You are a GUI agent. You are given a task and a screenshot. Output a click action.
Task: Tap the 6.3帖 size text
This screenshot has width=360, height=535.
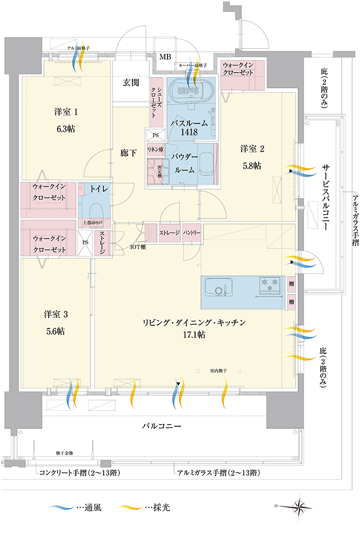coord(66,129)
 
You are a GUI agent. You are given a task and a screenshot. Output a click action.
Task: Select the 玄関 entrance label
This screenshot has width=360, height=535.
coord(131,82)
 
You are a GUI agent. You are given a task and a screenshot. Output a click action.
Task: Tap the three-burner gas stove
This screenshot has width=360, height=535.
coord(269,286)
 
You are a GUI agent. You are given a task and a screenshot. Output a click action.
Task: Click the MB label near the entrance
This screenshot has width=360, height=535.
coord(165,56)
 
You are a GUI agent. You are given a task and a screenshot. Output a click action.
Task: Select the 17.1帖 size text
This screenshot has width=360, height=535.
coord(195,335)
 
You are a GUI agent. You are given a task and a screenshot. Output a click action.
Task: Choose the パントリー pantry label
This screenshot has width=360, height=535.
coord(192,232)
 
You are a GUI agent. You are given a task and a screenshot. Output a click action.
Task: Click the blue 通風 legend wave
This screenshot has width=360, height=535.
coord(60,507)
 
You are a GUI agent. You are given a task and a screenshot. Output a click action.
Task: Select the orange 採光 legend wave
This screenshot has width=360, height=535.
coord(129,507)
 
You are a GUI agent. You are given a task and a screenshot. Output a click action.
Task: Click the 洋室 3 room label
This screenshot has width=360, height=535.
coord(56,314)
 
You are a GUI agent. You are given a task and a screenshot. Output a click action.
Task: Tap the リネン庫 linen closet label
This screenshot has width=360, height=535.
coord(155,150)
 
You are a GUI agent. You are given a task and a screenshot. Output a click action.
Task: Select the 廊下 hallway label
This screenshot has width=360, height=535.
coord(129,153)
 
